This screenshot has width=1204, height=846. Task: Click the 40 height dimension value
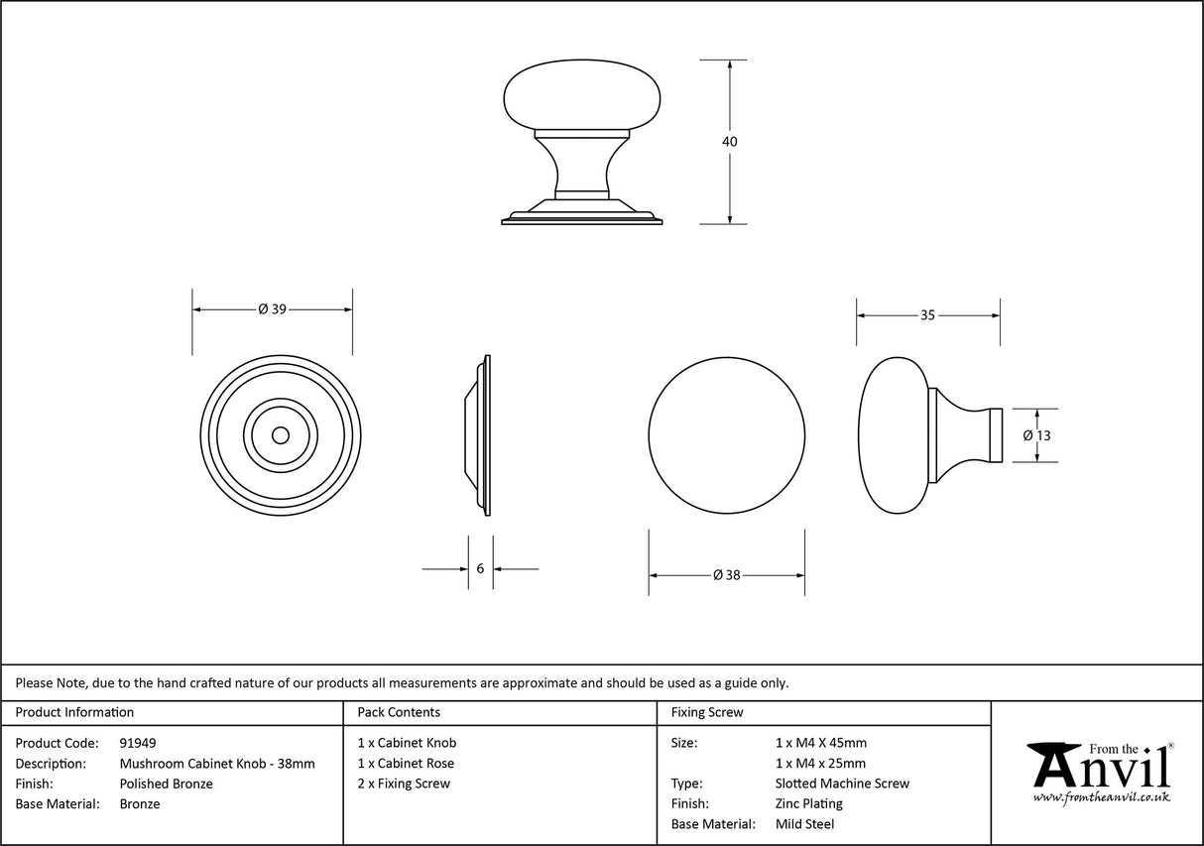pos(730,142)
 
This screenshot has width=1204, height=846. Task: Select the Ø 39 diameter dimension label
pos(272,309)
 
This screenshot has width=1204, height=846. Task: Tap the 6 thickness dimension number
pos(481,569)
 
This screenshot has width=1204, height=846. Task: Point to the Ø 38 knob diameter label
pos(727,575)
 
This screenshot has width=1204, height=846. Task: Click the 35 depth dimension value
pos(927,315)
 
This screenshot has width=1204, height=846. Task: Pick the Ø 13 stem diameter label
pos(1036,435)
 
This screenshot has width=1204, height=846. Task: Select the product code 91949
pos(138,743)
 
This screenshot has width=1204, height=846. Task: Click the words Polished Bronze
pos(166,784)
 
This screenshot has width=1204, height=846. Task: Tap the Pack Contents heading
pos(399,712)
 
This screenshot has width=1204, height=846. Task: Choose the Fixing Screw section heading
pos(707,712)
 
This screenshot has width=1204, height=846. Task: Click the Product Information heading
pos(74,712)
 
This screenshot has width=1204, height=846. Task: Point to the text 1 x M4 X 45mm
pos(820,743)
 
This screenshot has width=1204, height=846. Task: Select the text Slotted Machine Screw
pos(842,784)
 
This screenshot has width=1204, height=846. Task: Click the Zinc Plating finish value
pos(809,804)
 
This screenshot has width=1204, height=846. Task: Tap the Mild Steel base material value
pos(804,824)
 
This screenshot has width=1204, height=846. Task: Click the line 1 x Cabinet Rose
pos(406,764)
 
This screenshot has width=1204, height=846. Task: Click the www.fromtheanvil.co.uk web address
pos(1101,797)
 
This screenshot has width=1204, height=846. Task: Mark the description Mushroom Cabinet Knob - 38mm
pos(217,764)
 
